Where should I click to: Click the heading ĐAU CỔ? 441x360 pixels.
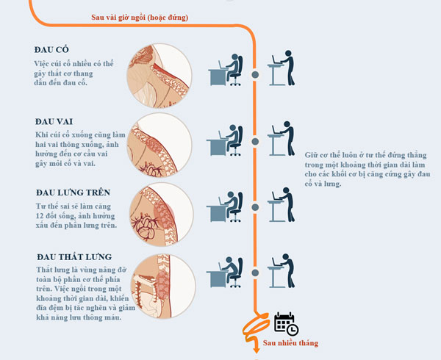point(51,49)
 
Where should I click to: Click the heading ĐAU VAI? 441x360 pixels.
point(54,121)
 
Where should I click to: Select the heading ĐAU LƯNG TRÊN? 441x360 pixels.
point(73,192)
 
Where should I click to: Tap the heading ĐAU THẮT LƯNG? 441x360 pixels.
point(74,257)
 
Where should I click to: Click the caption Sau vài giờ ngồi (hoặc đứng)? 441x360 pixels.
point(140,18)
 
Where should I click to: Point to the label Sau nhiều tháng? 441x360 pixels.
point(290,343)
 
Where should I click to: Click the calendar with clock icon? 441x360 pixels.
point(287,324)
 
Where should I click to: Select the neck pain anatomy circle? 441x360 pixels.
point(159,76)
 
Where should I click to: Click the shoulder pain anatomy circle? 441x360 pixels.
point(159,145)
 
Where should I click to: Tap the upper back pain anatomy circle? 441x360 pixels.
point(162,215)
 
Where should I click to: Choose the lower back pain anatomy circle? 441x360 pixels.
point(163,286)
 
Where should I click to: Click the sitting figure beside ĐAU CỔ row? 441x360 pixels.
point(226,70)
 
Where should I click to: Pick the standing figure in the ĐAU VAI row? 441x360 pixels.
point(281,138)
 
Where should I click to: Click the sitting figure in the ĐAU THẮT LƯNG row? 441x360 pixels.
point(224,272)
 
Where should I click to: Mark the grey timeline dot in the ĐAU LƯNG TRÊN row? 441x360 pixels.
point(255,207)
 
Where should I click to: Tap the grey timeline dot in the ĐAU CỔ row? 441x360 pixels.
point(255,75)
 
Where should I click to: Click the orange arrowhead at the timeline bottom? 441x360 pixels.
point(256,350)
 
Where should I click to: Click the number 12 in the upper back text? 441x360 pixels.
point(40,216)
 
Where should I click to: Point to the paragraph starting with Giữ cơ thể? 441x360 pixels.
point(367,170)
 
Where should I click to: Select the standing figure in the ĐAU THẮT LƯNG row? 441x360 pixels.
point(281,270)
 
